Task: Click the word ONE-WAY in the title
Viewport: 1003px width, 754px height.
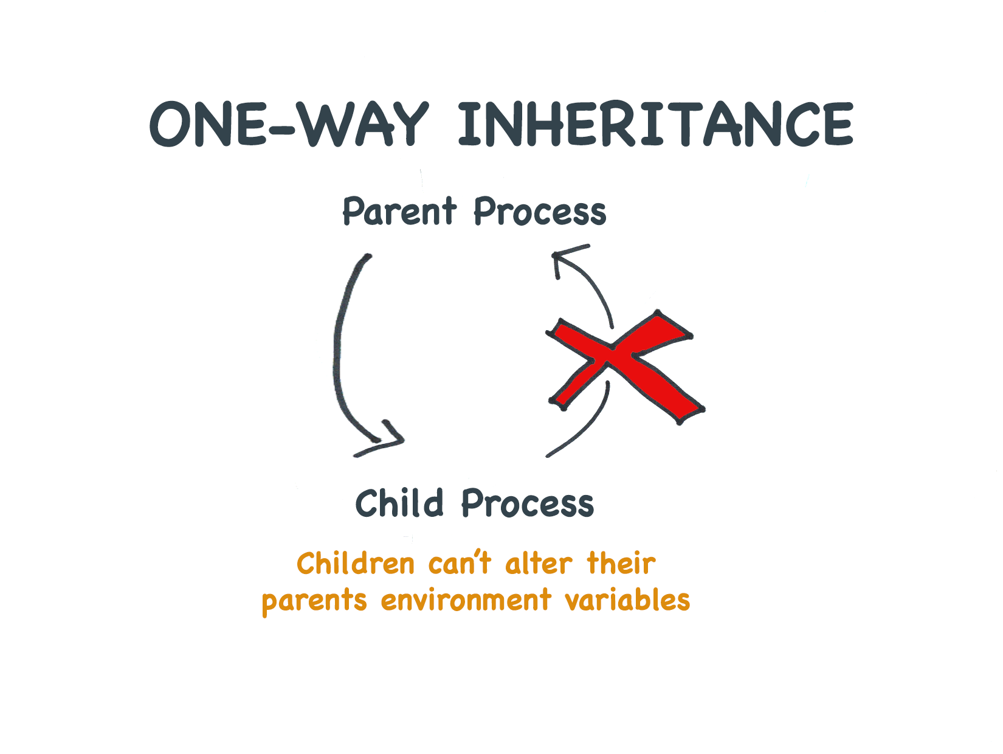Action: [289, 124]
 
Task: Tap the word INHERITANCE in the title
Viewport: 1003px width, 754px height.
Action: [656, 124]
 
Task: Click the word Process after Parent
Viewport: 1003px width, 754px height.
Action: [540, 211]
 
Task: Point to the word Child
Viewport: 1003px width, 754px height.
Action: [399, 503]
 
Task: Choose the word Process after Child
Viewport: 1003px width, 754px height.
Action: [528, 503]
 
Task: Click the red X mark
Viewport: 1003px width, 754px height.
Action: [625, 367]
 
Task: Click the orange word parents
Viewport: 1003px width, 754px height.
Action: [314, 601]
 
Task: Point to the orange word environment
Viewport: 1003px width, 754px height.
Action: [466, 600]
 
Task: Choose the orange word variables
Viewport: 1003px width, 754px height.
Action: [628, 600]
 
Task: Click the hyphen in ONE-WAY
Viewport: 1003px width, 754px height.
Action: [281, 128]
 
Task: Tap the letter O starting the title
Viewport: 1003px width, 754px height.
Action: [170, 124]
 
